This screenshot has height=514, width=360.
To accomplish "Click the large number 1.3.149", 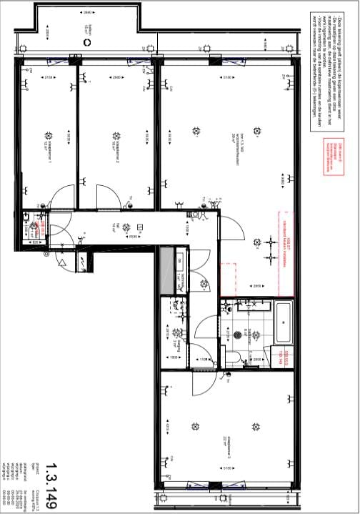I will point(49,487).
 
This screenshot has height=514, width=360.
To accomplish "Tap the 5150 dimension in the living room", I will point(227,77).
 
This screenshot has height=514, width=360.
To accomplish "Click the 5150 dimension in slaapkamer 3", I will point(227,469).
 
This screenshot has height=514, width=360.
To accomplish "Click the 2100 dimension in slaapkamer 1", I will point(48,77).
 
